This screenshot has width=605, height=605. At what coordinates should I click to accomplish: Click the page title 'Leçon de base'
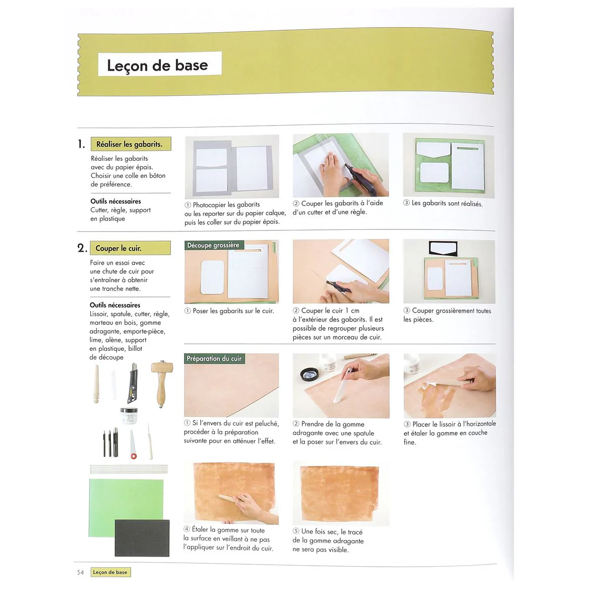[157, 65]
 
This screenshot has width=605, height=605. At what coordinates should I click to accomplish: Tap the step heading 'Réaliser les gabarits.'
[130, 144]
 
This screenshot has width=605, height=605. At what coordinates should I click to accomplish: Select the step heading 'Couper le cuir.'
[119, 248]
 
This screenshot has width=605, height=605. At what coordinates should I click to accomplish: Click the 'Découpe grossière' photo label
[213, 246]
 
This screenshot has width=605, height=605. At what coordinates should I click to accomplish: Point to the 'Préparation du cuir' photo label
[214, 358]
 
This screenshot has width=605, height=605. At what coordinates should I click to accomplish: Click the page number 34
[80, 572]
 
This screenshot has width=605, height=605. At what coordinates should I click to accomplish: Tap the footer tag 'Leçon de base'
[110, 572]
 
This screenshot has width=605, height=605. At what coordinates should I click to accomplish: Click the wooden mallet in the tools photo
[161, 381]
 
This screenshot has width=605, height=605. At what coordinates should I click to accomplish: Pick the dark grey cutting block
[142, 538]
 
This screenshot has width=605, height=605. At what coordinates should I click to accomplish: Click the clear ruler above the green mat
[129, 469]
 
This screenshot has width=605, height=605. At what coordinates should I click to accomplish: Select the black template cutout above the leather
[443, 249]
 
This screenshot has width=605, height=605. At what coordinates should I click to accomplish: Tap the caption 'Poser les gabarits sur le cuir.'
[233, 311]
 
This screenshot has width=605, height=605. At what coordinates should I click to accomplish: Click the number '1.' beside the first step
[81, 145]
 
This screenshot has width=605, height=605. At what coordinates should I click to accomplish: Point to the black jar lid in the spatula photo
[309, 374]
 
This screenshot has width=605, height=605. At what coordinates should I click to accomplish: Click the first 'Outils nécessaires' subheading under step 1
[116, 201]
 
